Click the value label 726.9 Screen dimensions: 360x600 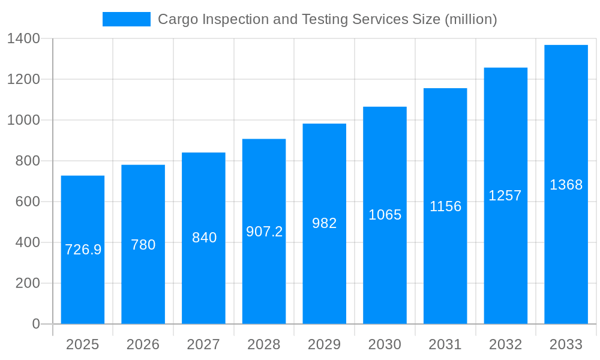pos(83,250)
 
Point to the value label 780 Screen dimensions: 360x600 pos(143,245)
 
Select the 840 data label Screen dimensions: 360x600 pos(204,238)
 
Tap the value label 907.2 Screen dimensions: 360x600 pos(264,232)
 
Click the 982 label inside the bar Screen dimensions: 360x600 pos(325,223)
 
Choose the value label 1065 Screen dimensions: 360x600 pos(385,215)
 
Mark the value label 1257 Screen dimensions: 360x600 pos(505,196)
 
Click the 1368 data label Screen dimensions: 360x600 pos(566,185)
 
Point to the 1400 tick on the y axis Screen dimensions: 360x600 pos(23,39)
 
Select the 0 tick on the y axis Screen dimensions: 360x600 pos(35,324)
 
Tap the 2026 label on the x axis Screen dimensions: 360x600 pos(143,344)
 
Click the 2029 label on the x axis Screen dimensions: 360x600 pos(325,344)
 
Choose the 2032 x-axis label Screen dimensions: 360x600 pos(505,344)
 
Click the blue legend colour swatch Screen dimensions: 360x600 pos(127,19)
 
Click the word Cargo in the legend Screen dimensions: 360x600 pos(178,20)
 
